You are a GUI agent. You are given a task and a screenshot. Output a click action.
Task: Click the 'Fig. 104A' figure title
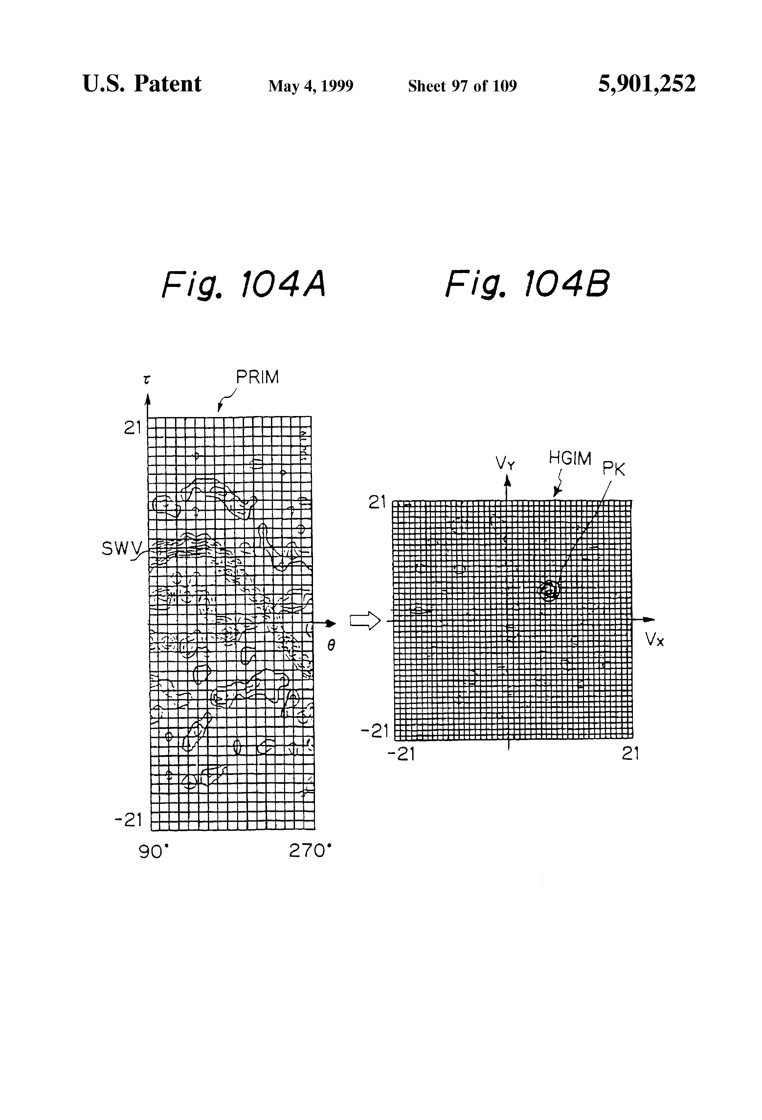[244, 285]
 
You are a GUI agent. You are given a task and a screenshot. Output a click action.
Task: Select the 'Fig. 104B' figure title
[527, 285]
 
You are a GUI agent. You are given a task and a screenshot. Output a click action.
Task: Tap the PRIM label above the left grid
[257, 377]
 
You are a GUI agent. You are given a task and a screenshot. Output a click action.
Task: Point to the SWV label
[122, 548]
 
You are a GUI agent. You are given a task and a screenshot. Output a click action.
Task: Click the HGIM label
[570, 458]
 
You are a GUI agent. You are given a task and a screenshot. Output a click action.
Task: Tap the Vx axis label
[655, 640]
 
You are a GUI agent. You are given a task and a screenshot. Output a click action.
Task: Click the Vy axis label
[505, 464]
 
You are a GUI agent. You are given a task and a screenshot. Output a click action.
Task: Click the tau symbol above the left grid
[146, 380]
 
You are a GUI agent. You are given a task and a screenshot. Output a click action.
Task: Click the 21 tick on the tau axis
[132, 428]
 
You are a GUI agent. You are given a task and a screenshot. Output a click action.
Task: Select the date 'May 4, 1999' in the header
[311, 86]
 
